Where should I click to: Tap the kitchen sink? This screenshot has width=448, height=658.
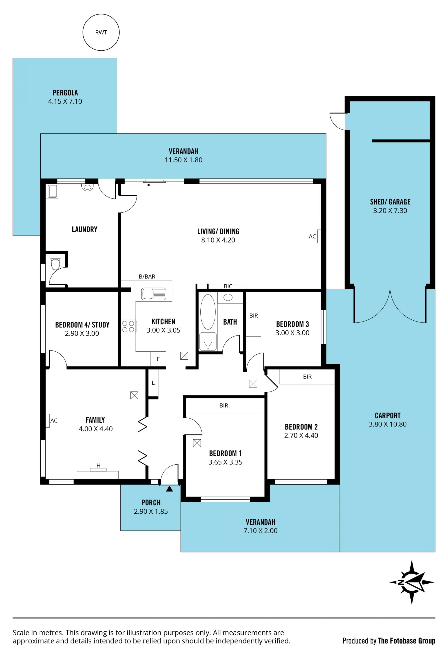point(154,294)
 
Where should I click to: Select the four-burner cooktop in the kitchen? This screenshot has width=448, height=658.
point(128,326)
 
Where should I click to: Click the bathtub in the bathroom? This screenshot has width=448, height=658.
point(208,312)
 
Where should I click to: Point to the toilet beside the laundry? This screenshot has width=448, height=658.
point(56,262)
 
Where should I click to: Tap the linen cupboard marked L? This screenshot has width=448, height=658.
point(153,383)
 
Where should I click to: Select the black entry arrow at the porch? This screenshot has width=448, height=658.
point(169,489)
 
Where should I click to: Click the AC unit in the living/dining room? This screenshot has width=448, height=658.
point(319,236)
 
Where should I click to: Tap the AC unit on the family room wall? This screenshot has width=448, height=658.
point(48,420)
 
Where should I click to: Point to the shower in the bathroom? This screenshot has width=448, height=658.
point(208,341)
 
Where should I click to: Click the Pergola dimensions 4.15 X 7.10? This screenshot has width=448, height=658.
point(65,101)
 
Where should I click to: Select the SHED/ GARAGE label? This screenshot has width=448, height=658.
point(390,202)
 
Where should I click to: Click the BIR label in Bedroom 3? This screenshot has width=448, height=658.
point(253,315)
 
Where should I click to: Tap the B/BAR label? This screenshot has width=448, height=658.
point(147,276)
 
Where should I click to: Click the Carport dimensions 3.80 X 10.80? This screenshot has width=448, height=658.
point(387,424)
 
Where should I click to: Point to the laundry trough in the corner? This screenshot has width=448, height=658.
point(53,191)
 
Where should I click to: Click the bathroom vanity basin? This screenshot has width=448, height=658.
point(228,297)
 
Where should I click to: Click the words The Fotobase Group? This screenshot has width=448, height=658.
point(406,641)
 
